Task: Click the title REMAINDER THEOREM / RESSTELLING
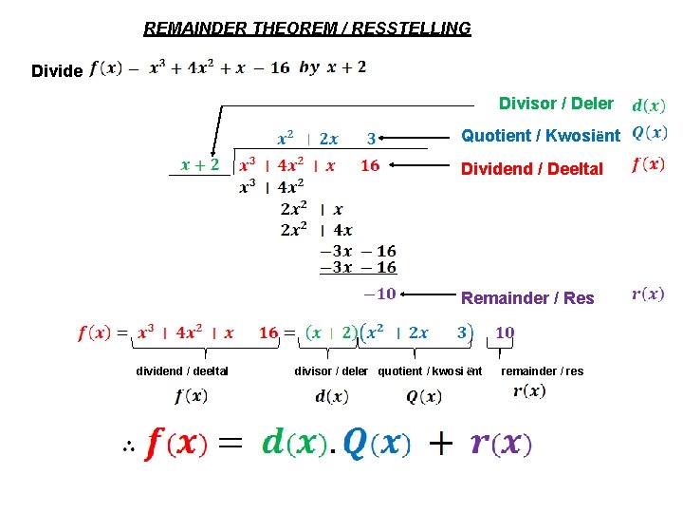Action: coord(307,28)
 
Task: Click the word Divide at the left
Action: coord(57,71)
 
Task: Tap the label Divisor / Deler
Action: coord(556,104)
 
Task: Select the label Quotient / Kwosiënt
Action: coord(540,136)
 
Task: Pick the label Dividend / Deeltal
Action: coord(531,169)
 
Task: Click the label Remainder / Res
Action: coord(527,298)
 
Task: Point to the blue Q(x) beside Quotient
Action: coord(650,133)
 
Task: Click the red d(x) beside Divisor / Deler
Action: coord(649,104)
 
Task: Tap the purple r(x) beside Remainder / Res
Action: coord(649,294)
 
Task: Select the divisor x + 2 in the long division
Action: coord(200,165)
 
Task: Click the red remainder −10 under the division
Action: coord(378,294)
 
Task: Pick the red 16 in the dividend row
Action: coord(370,165)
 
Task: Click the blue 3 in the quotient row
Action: coord(372,139)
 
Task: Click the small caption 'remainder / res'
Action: coord(543,371)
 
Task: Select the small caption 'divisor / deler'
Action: coord(331,371)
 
